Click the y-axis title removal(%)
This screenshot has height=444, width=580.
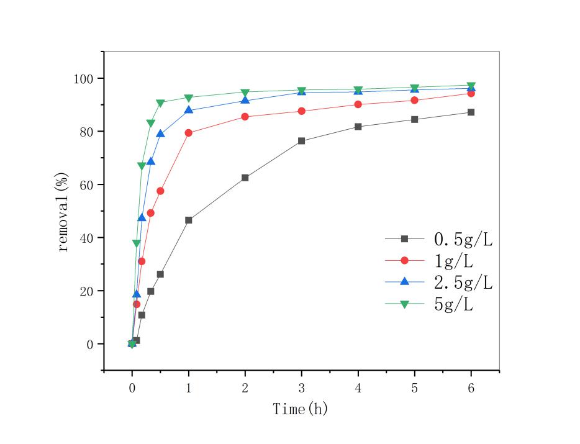tap(63, 212)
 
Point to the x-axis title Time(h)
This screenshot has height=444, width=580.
tap(301, 409)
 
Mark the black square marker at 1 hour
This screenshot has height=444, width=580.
tap(188, 220)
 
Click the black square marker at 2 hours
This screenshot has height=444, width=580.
tap(245, 178)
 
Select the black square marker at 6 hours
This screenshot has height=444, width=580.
tap(471, 112)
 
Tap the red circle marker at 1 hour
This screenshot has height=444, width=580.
tap(188, 133)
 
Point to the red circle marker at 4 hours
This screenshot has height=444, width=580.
tap(358, 104)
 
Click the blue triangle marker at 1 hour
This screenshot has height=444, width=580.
tap(188, 110)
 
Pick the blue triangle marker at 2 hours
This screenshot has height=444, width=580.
tap(245, 100)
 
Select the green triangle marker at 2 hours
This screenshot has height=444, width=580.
tap(245, 93)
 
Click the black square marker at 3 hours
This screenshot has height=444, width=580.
tap(301, 141)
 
